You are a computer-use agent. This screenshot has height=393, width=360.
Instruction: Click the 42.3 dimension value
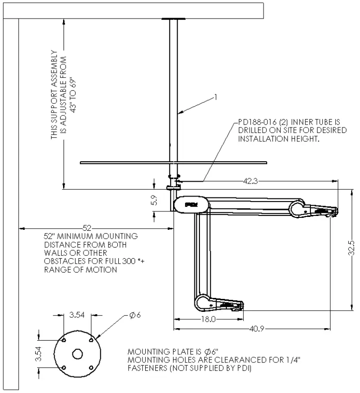point(250,181)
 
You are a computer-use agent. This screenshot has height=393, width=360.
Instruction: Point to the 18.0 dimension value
point(208,319)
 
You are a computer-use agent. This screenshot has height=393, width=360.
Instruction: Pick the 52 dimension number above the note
point(87,228)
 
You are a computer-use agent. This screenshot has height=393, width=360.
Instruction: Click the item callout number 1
point(216,97)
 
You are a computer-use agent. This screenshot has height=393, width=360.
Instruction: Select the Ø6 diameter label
point(135,315)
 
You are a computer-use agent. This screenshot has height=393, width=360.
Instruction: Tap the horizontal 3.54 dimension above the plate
point(77,315)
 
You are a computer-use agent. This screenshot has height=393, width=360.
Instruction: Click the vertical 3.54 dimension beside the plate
point(39,354)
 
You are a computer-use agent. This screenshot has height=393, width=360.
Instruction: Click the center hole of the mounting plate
point(77,354)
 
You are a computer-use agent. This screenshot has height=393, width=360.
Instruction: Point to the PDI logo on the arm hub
point(191,204)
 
